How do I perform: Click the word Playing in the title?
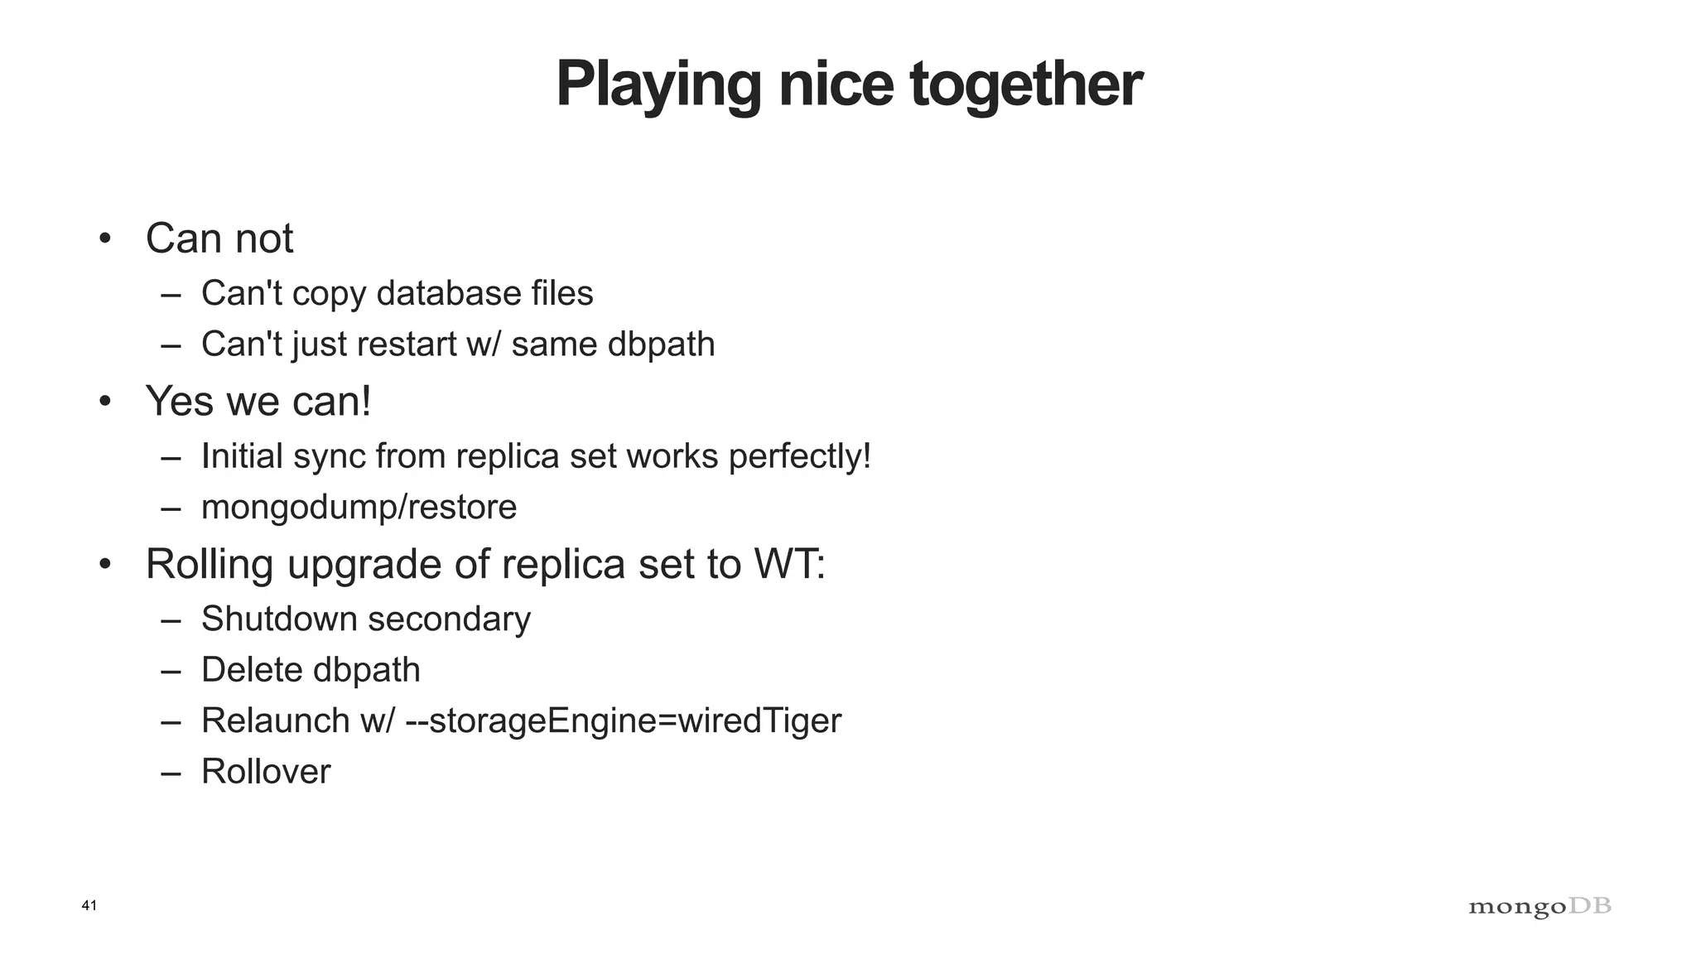pyautogui.click(x=658, y=85)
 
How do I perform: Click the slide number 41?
pyautogui.click(x=89, y=905)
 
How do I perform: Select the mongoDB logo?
pyautogui.click(x=1539, y=907)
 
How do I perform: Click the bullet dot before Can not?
pyautogui.click(x=104, y=239)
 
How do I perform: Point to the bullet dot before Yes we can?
pyautogui.click(x=104, y=402)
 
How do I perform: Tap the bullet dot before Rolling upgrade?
pyautogui.click(x=104, y=566)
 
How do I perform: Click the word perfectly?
pyautogui.click(x=799, y=456)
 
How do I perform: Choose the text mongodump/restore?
pyautogui.click(x=359, y=507)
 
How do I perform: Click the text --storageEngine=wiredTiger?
pyautogui.click(x=623, y=720)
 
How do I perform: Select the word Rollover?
pyautogui.click(x=266, y=772)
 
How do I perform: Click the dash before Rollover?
pyautogui.click(x=171, y=773)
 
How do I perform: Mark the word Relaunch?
pyautogui.click(x=275, y=720)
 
